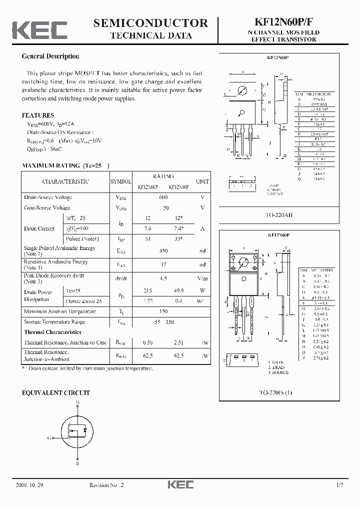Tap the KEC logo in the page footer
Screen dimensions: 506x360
179,485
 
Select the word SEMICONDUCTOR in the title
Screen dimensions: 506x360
150,23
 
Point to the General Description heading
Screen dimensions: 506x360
50,56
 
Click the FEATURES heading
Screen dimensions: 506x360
37,115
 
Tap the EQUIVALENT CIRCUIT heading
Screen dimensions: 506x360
56,393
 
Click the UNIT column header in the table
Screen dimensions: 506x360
202,182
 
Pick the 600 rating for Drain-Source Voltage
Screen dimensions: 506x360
163,197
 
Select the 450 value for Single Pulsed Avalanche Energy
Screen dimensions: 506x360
163,251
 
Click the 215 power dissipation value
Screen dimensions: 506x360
147,290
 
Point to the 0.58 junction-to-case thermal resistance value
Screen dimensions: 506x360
147,342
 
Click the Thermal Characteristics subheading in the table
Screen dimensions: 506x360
52,332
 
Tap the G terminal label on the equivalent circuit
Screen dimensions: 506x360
49,438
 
